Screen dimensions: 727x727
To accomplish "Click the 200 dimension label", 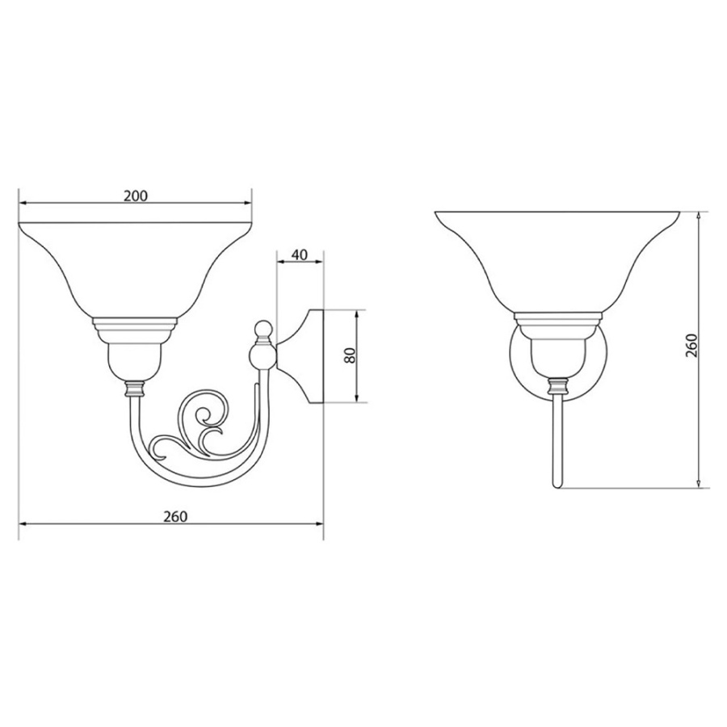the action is (x=136, y=195).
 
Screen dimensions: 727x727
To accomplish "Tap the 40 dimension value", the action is (x=300, y=255).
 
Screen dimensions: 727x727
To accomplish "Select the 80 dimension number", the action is (x=351, y=355).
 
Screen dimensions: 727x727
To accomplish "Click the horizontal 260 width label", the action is (x=175, y=516).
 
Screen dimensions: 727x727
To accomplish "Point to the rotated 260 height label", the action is (x=691, y=346).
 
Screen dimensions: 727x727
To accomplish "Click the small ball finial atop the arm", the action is (x=263, y=328).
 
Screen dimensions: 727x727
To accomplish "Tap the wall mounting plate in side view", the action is (x=300, y=355).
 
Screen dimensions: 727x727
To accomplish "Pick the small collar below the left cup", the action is (x=135, y=389).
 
